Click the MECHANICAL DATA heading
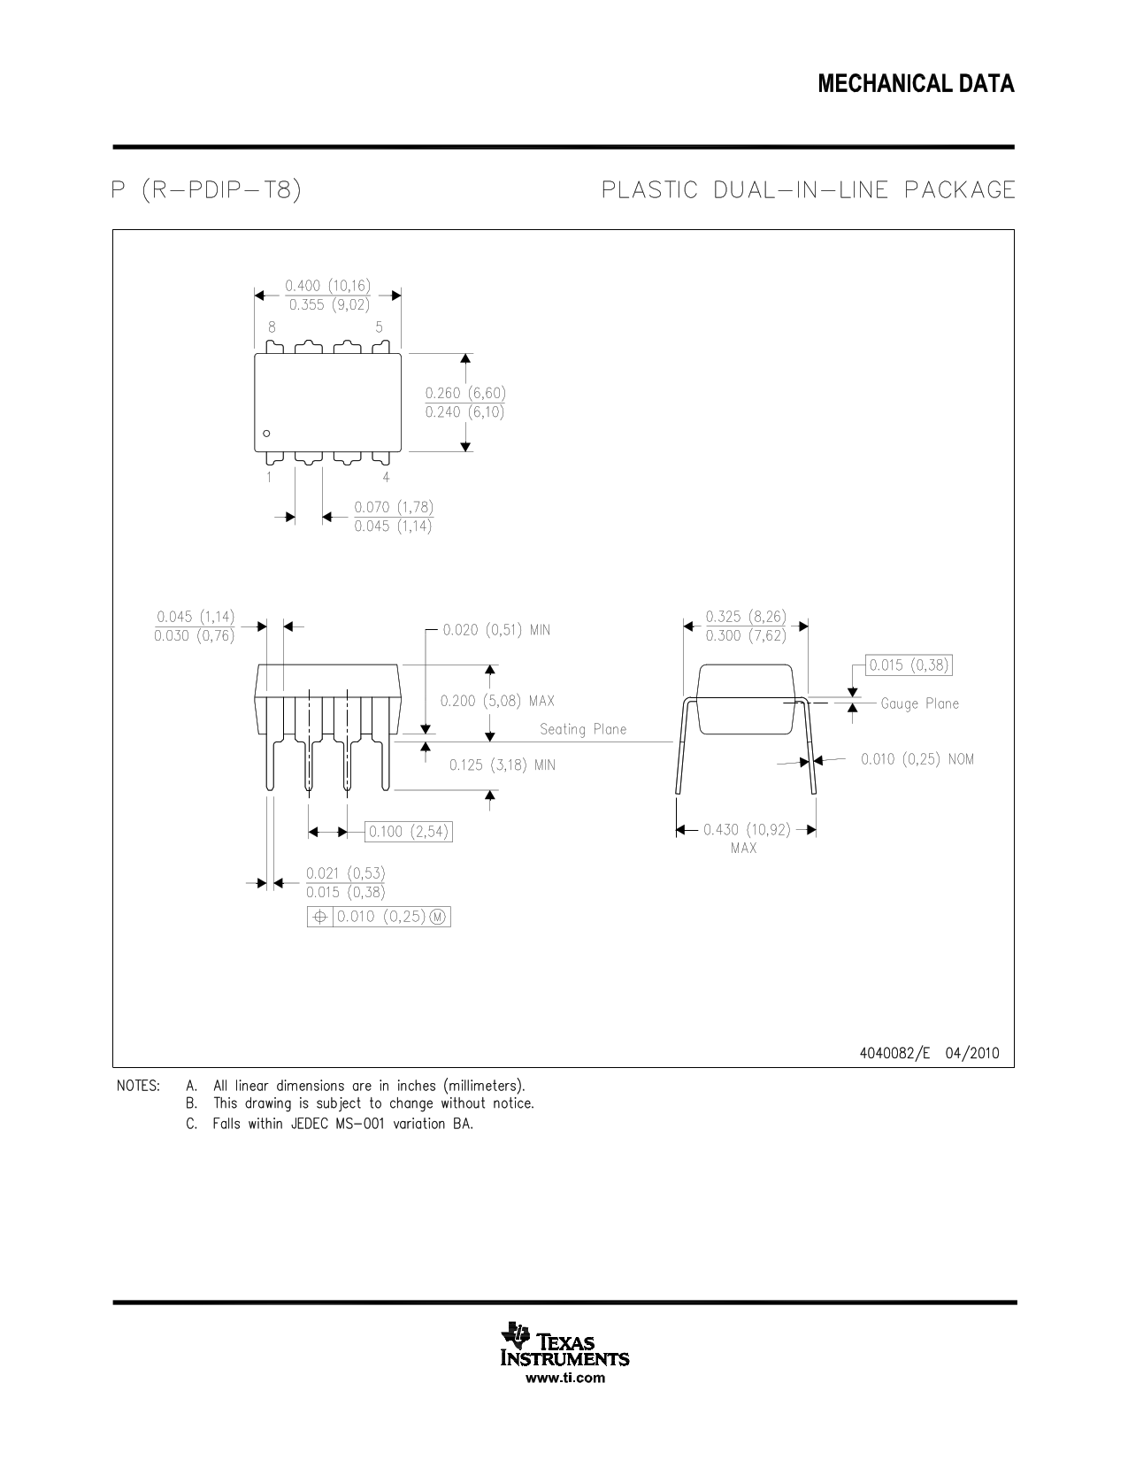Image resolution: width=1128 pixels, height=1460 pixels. [x=916, y=83]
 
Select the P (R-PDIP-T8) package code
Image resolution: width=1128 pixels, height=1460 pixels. [x=206, y=190]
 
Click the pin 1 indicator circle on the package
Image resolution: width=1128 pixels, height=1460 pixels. [x=266, y=434]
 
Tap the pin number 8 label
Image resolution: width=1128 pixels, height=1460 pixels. [x=272, y=327]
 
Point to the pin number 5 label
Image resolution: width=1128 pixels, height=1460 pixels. [x=379, y=327]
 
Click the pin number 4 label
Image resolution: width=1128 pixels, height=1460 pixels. [x=386, y=477]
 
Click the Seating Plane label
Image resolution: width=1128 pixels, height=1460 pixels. [x=583, y=730]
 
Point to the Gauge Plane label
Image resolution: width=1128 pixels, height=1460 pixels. [x=920, y=703]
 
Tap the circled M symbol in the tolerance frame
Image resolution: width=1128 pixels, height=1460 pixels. [x=437, y=917]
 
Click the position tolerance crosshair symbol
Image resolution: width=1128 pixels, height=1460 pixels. [x=319, y=917]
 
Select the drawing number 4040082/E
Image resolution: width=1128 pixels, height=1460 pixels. [x=894, y=1053]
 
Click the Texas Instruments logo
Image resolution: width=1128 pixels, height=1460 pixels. [x=565, y=1344]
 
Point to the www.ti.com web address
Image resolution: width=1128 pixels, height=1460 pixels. [x=565, y=1378]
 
